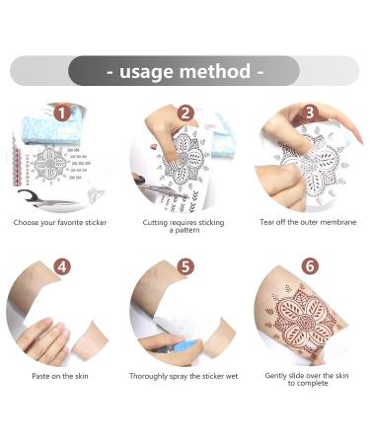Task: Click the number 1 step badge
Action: [x=61, y=113]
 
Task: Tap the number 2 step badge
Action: [x=185, y=112]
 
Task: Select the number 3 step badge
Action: [x=310, y=112]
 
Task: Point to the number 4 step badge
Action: [x=61, y=266]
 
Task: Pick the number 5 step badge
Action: [x=185, y=266]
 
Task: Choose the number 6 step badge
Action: [x=310, y=266]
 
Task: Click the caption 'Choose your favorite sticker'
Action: [x=61, y=222]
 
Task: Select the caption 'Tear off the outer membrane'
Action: [x=309, y=222]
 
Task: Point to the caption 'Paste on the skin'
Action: [x=61, y=376]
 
